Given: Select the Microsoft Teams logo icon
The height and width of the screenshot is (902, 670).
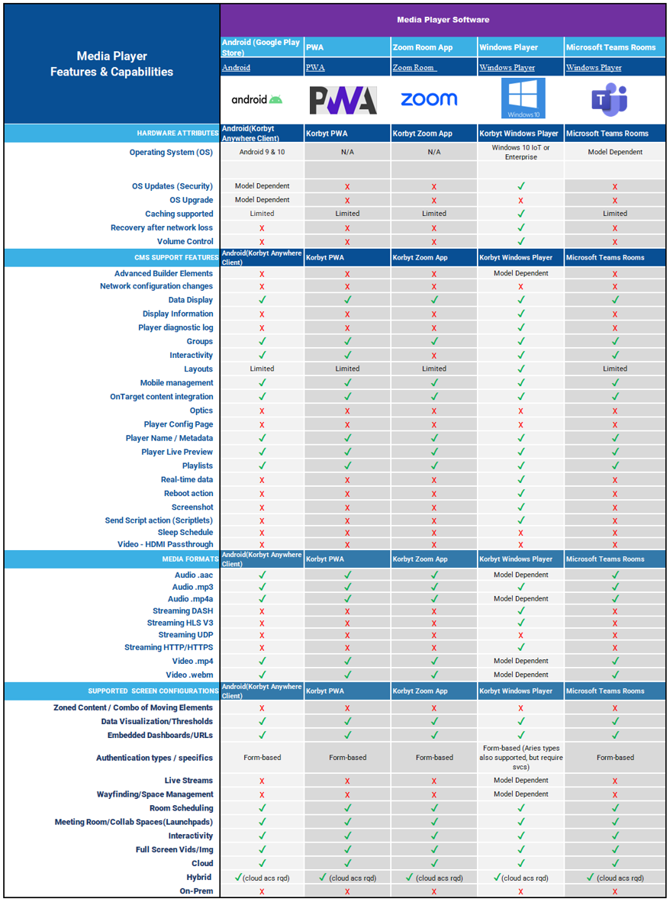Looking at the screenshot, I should pos(609,99).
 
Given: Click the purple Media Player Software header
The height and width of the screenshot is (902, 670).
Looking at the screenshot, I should pos(443,20).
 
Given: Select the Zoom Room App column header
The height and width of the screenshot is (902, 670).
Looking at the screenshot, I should pos(423,47).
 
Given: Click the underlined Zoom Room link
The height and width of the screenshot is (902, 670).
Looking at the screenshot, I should pos(414,68).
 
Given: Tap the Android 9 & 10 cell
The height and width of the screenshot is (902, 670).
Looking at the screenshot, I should pos(262,152).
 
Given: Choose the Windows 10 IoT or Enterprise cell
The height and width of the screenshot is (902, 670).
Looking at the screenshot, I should pos(520,152).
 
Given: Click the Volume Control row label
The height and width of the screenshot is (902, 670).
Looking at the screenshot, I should pos(185,241).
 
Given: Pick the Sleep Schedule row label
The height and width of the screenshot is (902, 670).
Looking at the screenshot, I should pos(185,533).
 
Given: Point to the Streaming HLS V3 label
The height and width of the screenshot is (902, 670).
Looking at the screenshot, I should pos(180,623).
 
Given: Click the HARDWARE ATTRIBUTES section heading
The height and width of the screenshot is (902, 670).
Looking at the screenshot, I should pos(177,134).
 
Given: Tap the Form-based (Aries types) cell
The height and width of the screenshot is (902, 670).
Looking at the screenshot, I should pos(520,758).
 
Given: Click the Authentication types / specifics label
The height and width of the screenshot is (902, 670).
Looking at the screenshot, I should pos(154,758).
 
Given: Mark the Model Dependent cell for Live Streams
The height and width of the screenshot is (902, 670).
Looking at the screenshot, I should pos(520,781).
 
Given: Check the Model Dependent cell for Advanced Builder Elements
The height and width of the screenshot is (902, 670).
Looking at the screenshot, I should pos(520,273).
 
